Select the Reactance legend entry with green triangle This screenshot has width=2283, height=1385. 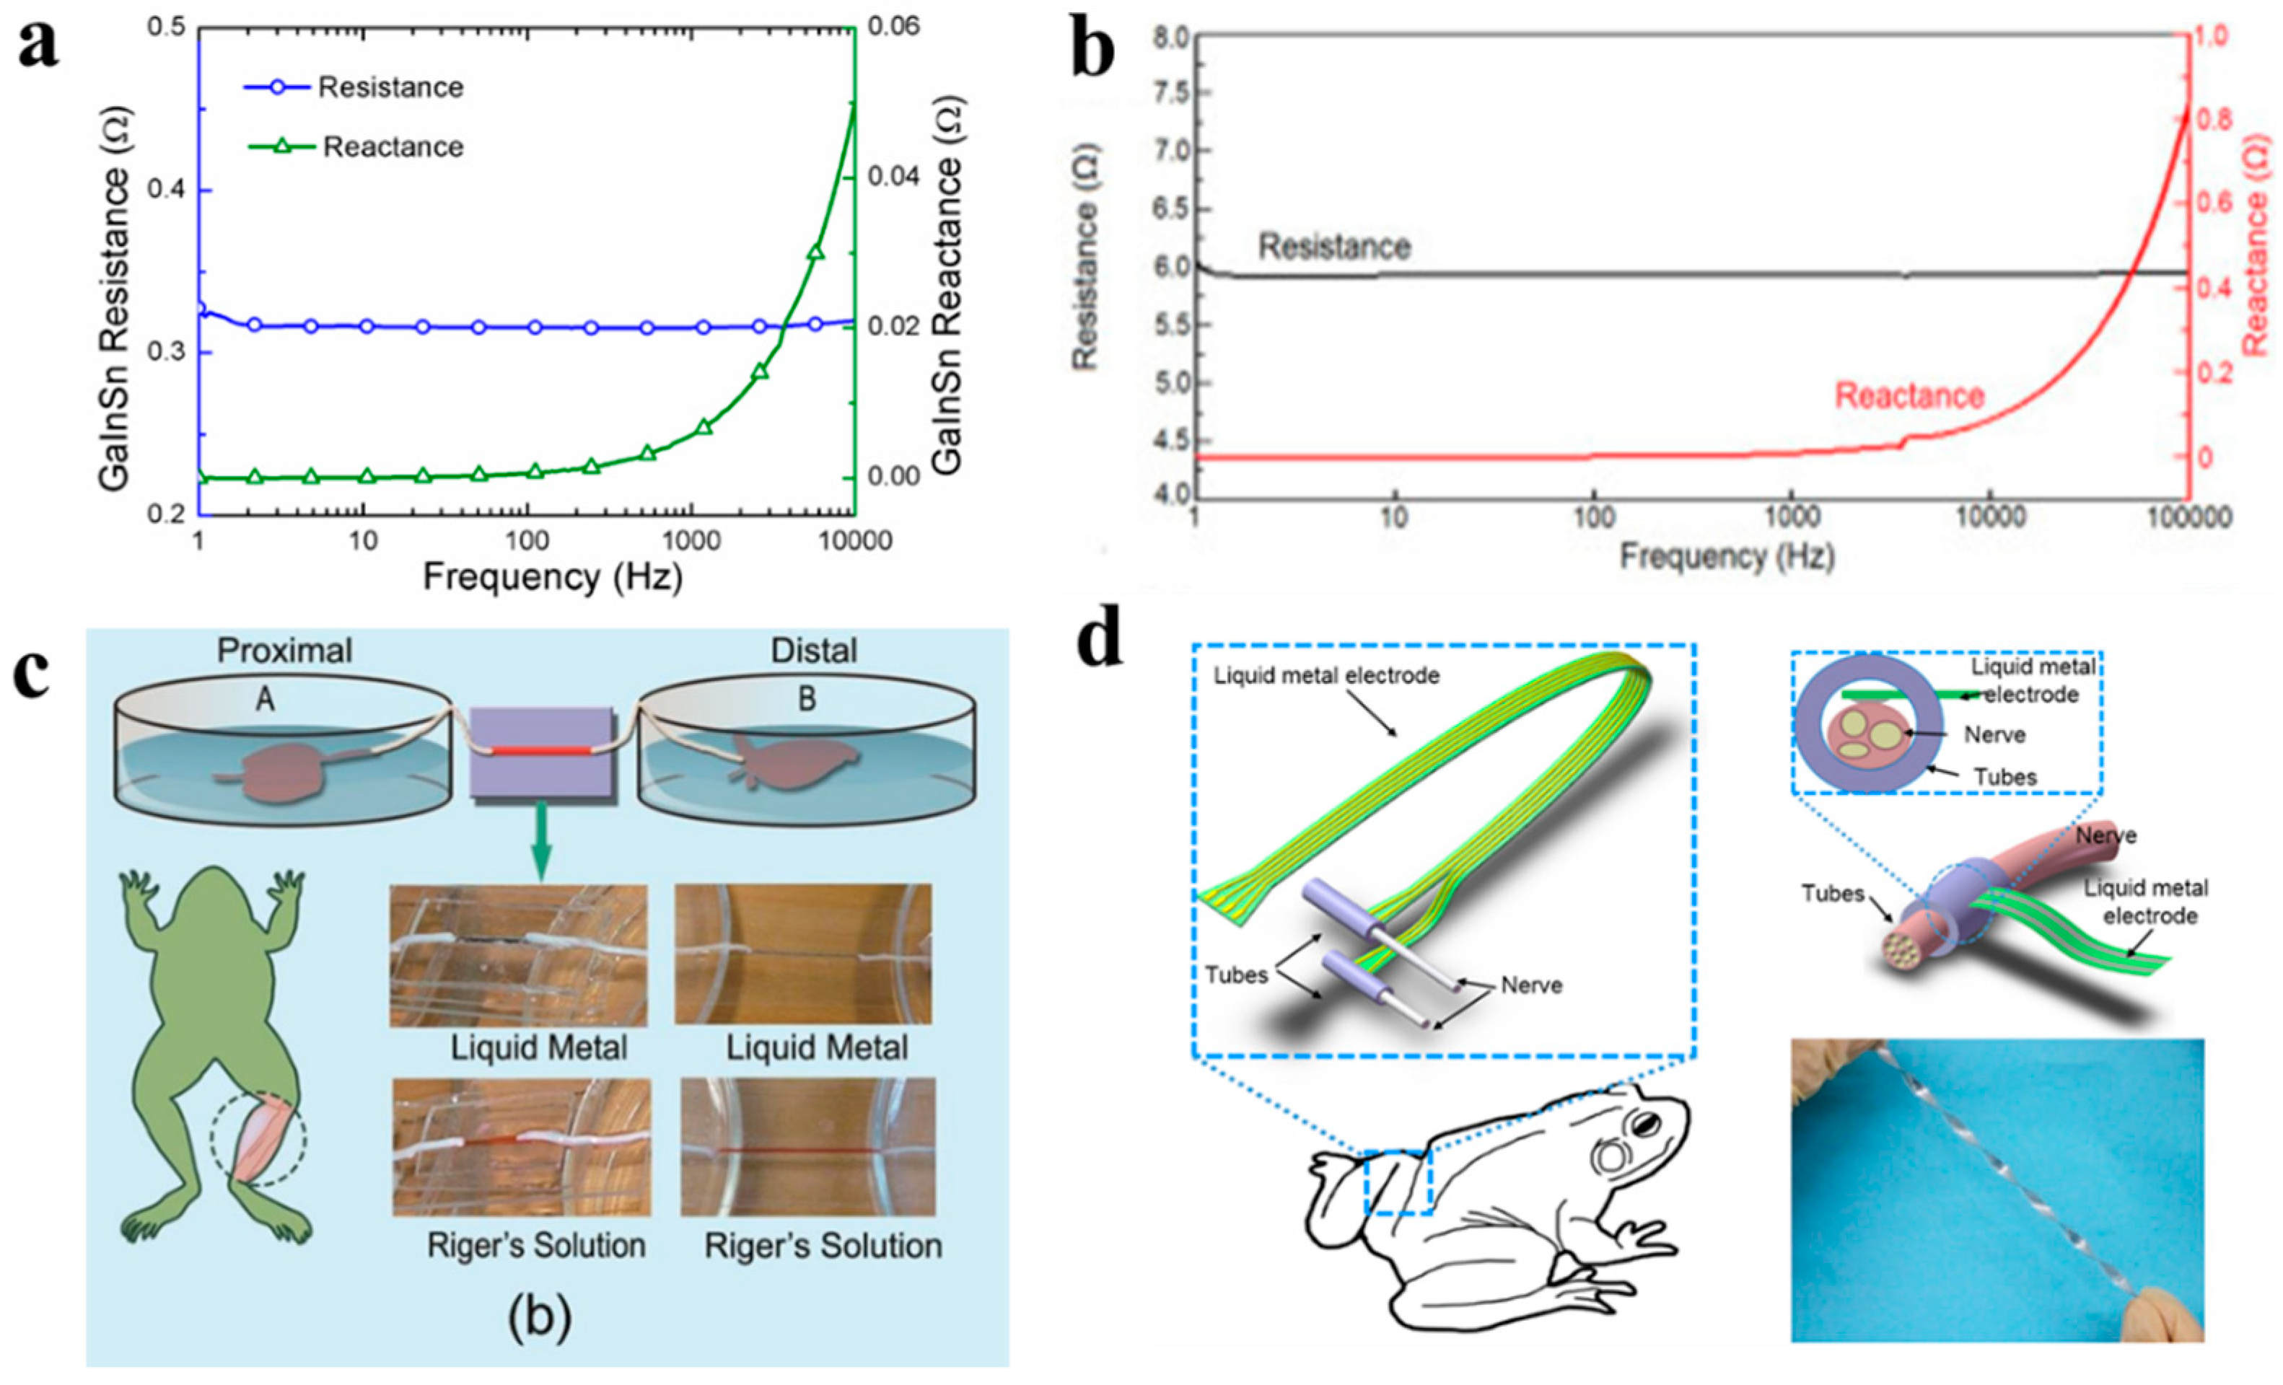(392, 146)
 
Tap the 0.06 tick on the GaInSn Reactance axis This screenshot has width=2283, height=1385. (893, 26)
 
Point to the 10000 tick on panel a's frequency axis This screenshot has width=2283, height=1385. (854, 541)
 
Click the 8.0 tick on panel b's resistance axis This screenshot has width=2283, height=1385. (1170, 37)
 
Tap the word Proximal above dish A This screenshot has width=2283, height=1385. (284, 651)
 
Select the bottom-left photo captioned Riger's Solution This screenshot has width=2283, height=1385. (521, 1147)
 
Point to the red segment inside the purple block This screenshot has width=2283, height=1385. (540, 749)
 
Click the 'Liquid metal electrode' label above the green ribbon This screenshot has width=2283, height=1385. (1327, 675)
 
